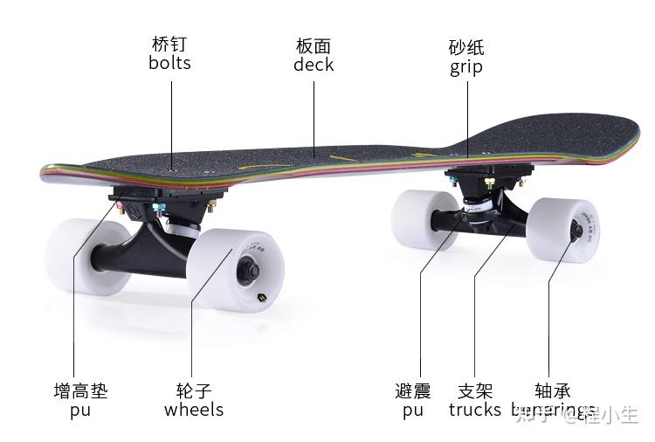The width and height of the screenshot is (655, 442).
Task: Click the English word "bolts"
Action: [x=169, y=63]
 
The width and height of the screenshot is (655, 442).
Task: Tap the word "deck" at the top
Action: [x=314, y=65]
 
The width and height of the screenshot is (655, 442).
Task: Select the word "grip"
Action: [x=466, y=67]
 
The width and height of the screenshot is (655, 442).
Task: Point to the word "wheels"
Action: [x=194, y=410]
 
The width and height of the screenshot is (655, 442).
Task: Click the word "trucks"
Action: [x=475, y=410]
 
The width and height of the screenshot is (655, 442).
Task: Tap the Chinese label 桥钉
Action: [x=169, y=44]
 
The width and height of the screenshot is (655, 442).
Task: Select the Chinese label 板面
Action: [x=314, y=45]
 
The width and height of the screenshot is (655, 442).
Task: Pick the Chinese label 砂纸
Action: [x=466, y=47]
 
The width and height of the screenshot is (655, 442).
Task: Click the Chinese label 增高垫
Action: [x=81, y=390]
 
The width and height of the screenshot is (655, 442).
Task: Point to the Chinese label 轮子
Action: [x=194, y=390]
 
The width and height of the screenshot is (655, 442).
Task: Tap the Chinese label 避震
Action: [x=413, y=390]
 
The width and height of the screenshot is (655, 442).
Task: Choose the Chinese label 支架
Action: [x=475, y=390]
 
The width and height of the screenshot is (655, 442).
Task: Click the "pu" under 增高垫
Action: [x=80, y=411]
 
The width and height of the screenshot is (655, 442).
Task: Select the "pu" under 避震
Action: [x=413, y=411]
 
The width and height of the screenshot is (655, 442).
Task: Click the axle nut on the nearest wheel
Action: [x=247, y=272]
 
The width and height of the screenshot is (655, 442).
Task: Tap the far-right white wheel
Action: [x=563, y=229]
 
